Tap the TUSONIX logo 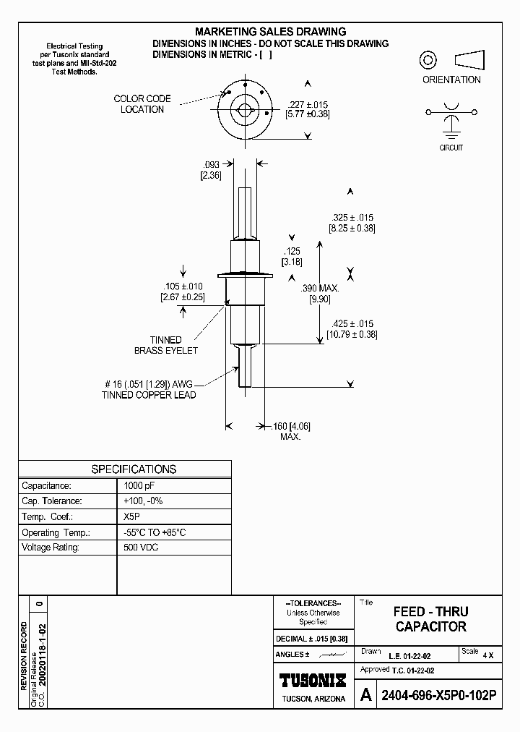[313, 681]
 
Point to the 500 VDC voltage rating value [141, 548]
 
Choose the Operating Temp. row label [56, 532]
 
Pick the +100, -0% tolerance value [144, 501]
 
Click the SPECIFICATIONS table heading [134, 469]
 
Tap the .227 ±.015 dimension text [308, 103]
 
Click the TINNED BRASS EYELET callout [166, 345]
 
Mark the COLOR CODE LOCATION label [142, 104]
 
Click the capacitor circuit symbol [451, 118]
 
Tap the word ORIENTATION [451, 80]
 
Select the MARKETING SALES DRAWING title [271, 32]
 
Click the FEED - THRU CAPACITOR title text [430, 619]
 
